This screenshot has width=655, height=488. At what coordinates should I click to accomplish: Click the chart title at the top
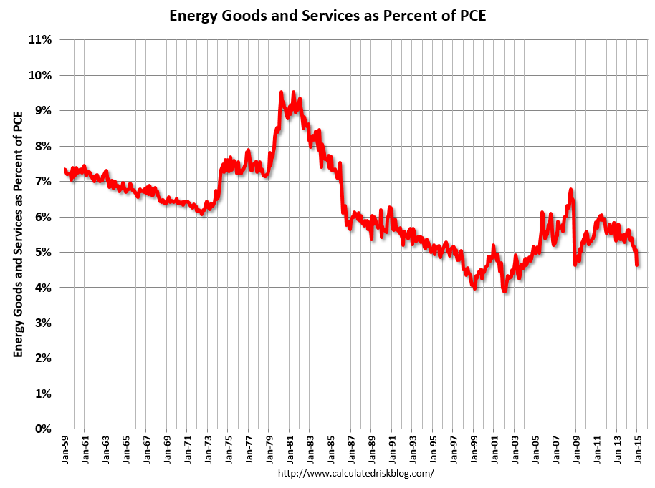[327, 15]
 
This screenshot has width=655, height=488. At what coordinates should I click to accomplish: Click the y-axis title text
[18, 233]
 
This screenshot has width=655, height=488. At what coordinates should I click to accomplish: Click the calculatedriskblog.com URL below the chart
[355, 474]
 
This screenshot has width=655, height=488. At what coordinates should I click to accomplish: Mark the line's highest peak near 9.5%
[282, 92]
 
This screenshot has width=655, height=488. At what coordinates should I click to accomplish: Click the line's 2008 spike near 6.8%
[570, 190]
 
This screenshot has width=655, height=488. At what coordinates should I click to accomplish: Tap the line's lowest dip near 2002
[505, 291]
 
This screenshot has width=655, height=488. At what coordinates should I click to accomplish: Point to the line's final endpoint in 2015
[637, 265]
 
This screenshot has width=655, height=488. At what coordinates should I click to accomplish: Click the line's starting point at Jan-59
[64, 170]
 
